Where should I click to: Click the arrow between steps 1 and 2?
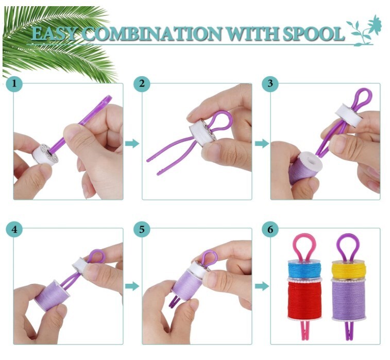(x=132, y=143)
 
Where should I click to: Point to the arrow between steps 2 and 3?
(x=261, y=143)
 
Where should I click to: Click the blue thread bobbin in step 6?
(x=303, y=269)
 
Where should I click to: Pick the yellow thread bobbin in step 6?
(x=347, y=268)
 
